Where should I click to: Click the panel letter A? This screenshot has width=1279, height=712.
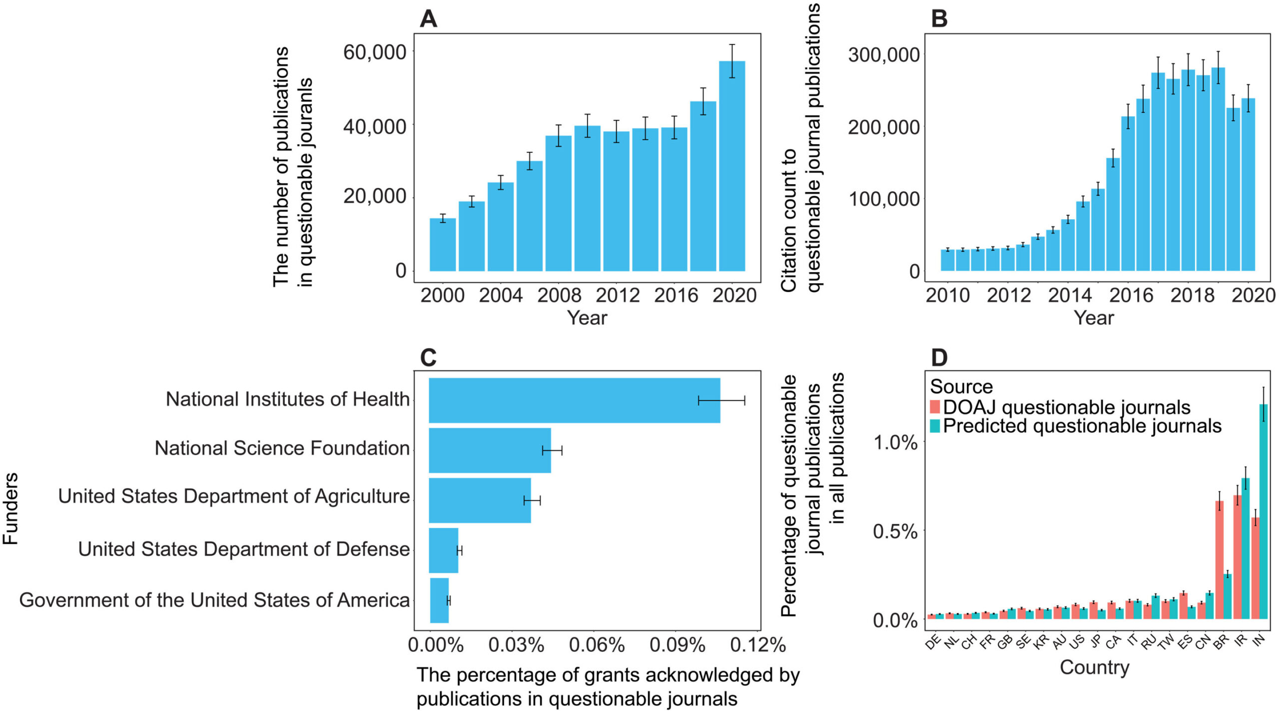(428, 19)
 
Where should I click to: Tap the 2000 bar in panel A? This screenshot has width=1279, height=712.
(443, 245)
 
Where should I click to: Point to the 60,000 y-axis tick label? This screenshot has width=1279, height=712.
(375, 52)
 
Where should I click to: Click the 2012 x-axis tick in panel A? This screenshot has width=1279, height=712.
(618, 296)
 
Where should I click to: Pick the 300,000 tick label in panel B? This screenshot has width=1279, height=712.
(884, 55)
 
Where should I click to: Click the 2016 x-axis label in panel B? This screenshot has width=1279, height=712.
(1131, 296)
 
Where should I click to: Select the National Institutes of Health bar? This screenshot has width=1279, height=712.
(575, 400)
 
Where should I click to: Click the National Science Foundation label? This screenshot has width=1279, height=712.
(282, 448)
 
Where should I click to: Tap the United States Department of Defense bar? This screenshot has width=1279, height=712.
(444, 550)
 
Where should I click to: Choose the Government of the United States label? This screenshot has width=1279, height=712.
(214, 600)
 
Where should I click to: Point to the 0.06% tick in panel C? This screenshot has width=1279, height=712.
(597, 645)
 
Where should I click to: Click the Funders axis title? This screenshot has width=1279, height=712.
(11, 508)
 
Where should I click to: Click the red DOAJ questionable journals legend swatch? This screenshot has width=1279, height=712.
(935, 406)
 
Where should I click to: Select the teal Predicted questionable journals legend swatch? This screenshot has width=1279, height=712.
(935, 426)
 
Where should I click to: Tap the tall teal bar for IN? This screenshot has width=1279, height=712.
(1264, 512)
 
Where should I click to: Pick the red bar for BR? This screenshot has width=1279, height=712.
(1220, 559)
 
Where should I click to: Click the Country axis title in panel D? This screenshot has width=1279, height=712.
(1094, 668)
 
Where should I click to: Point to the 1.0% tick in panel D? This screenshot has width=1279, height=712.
(895, 442)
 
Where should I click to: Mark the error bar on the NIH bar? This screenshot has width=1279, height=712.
(721, 400)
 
